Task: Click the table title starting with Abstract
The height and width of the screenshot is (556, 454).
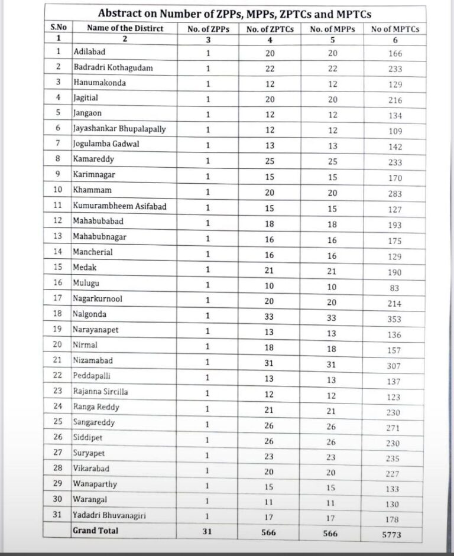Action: tap(235, 14)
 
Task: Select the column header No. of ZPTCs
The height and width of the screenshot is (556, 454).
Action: tap(270, 28)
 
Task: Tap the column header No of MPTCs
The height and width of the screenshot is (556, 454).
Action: tap(395, 29)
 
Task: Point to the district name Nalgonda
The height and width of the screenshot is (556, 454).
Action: tap(90, 314)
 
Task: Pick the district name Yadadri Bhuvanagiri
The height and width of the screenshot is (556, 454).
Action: tap(109, 515)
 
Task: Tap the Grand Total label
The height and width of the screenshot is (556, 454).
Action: tap(95, 531)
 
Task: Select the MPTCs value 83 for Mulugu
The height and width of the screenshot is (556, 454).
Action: tap(395, 288)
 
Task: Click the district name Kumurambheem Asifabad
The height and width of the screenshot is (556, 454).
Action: tap(112, 206)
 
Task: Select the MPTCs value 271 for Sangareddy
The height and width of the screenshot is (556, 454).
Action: tap(395, 428)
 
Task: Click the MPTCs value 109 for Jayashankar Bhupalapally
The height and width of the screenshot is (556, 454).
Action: tap(395, 131)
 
